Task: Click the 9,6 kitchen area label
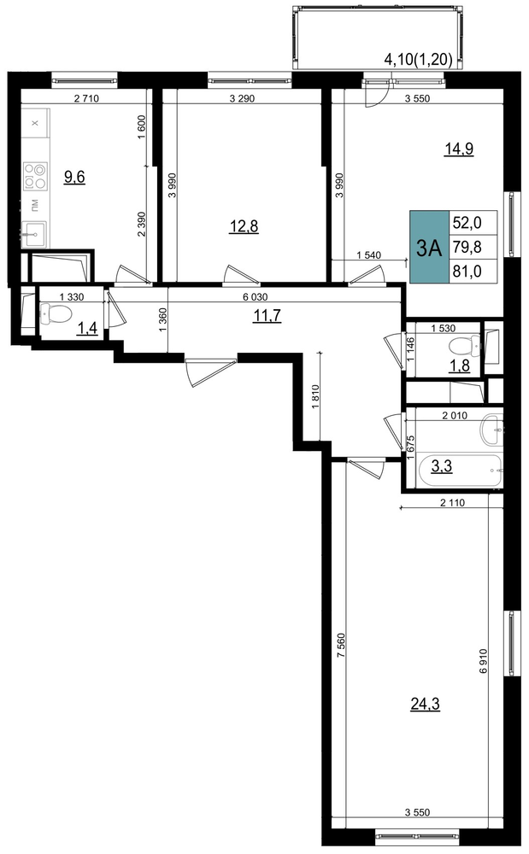tap(74, 177)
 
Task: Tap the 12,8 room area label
tap(244, 226)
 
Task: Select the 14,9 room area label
tap(458, 149)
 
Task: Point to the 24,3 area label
tap(425, 705)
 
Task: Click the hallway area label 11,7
tap(267, 315)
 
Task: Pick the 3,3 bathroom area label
tap(442, 466)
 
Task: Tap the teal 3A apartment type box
tap(429, 248)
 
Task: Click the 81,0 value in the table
tap(467, 272)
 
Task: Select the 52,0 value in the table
tap(467, 223)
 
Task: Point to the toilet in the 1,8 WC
tap(465, 345)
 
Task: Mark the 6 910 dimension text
tap(483, 661)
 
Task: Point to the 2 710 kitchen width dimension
tap(86, 98)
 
